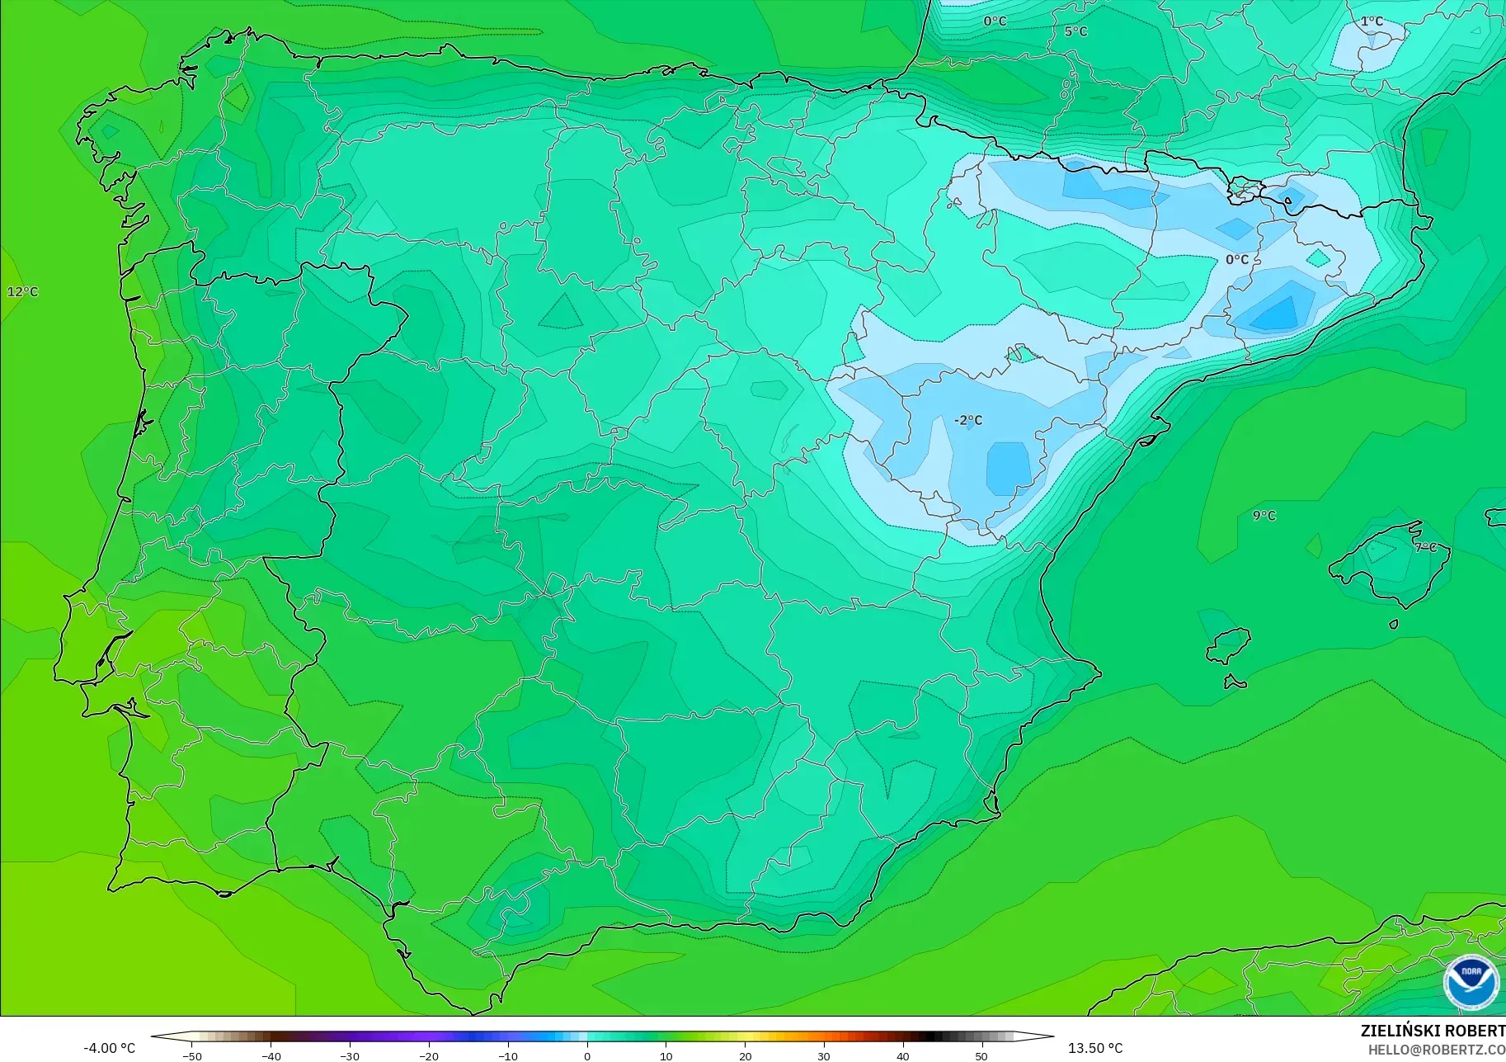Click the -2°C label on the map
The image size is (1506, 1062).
968,420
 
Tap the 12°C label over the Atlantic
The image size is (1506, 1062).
22,291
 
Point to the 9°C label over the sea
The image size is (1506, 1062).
1264,516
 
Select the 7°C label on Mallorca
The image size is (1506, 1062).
1425,547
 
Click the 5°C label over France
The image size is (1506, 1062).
1075,31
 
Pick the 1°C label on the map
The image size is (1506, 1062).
1372,21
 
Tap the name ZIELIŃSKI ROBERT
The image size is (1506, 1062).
1433,1031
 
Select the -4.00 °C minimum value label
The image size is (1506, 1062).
109,1048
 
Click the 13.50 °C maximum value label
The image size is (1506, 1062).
1095,1048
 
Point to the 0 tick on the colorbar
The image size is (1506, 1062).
587,1055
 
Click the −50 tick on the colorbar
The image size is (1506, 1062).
191,1055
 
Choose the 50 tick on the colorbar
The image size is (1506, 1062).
981,1055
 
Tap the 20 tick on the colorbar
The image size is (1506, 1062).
745,1055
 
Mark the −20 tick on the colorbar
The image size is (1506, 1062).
428,1055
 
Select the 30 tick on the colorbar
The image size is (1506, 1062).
824,1055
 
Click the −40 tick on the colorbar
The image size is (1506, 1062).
271,1055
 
